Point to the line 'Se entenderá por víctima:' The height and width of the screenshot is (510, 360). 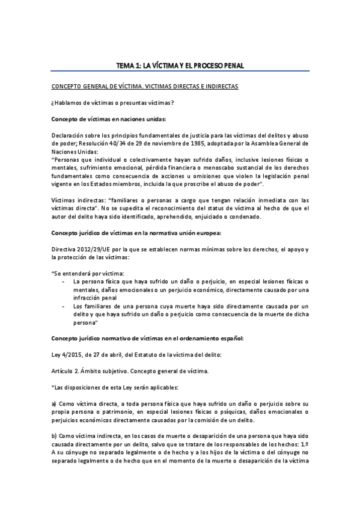(x=84, y=272)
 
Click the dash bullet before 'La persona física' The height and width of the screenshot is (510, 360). (x=64, y=281)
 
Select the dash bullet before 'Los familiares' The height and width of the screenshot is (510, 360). (x=64, y=306)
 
